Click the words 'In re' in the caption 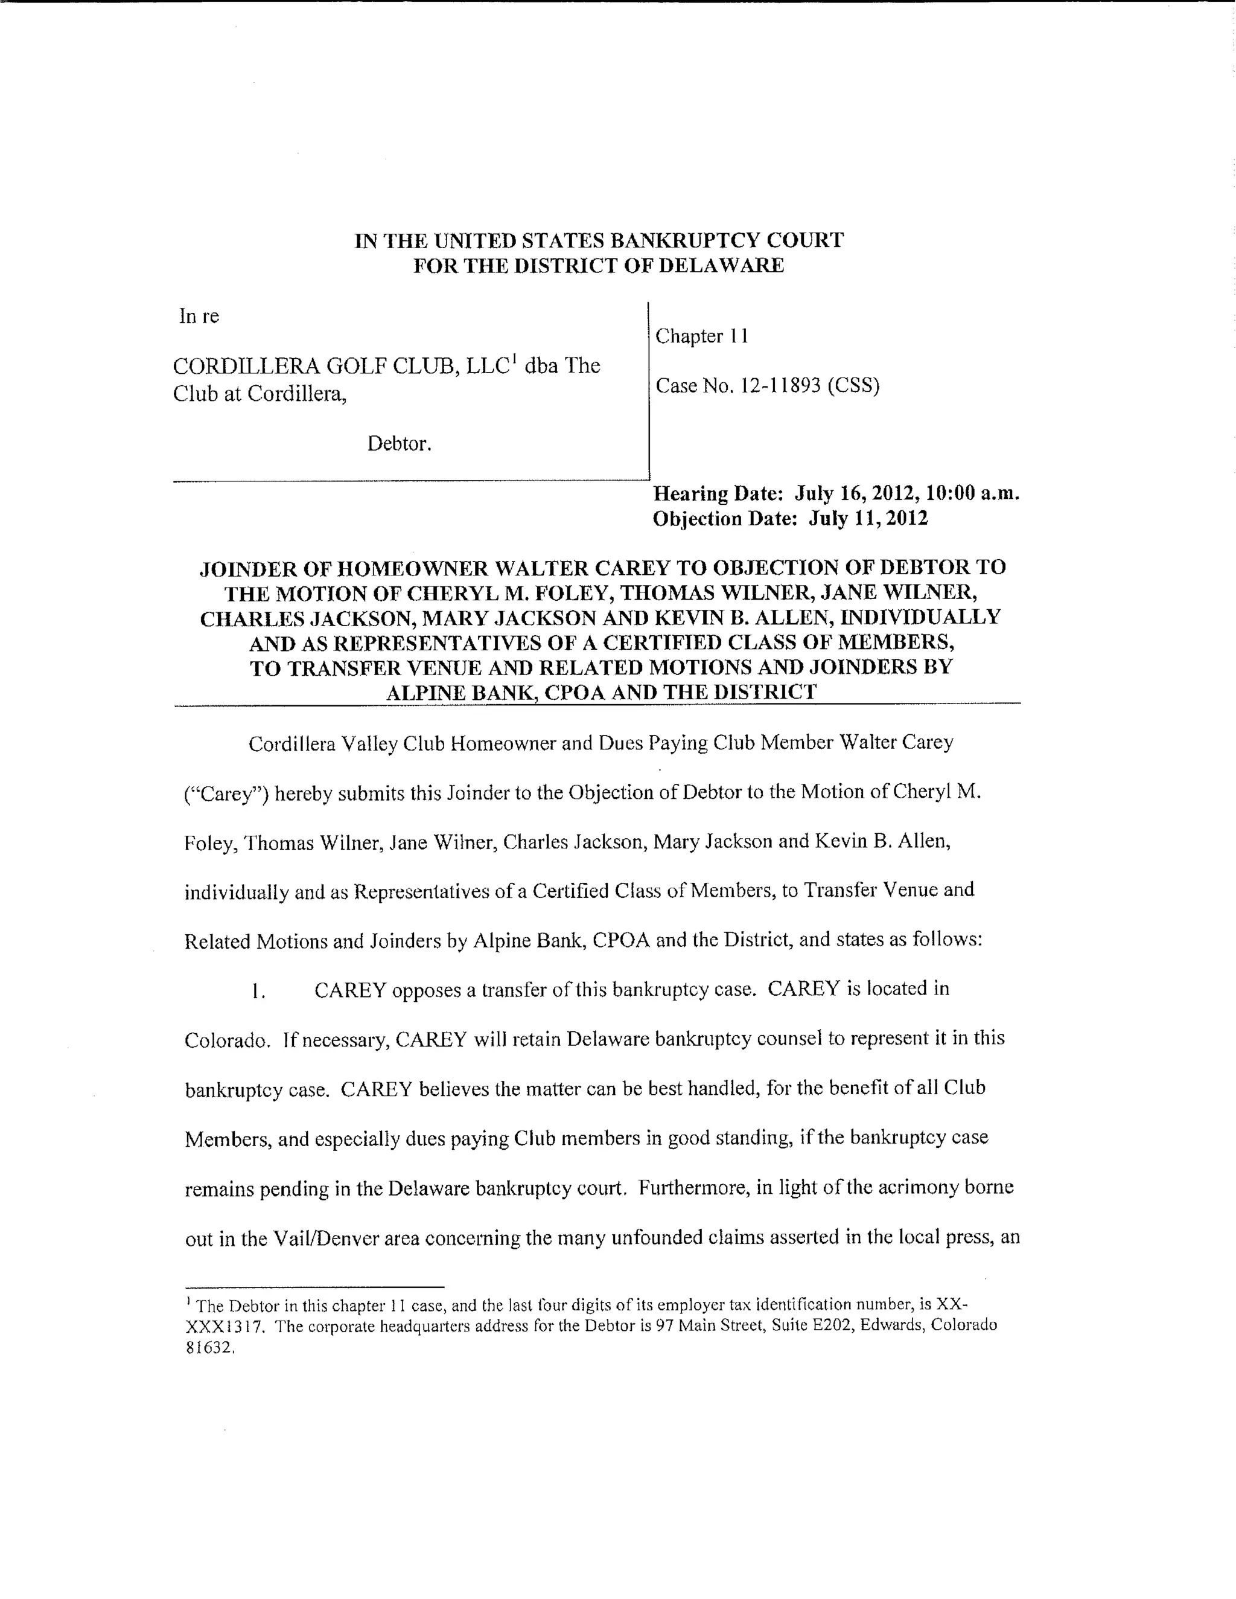199,316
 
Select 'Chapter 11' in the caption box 701,336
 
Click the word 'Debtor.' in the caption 400,444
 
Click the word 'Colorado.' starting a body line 228,1040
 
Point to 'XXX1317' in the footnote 219,1326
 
